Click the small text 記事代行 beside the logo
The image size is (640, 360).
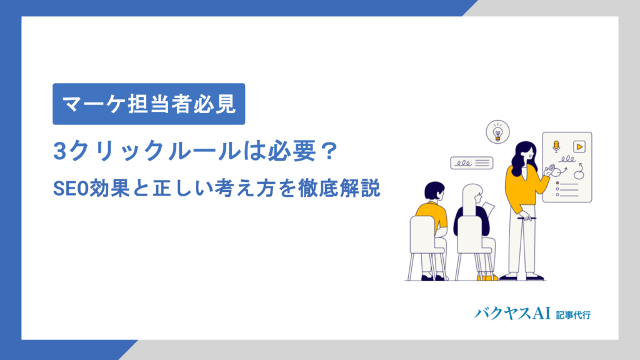pos(573,314)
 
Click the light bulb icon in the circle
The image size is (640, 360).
pos(497,132)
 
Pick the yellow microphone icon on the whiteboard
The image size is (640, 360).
pos(556,146)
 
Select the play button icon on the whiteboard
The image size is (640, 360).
pos(579,146)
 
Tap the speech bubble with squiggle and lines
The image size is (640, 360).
pos(471,162)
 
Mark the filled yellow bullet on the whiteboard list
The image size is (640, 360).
pos(557,183)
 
